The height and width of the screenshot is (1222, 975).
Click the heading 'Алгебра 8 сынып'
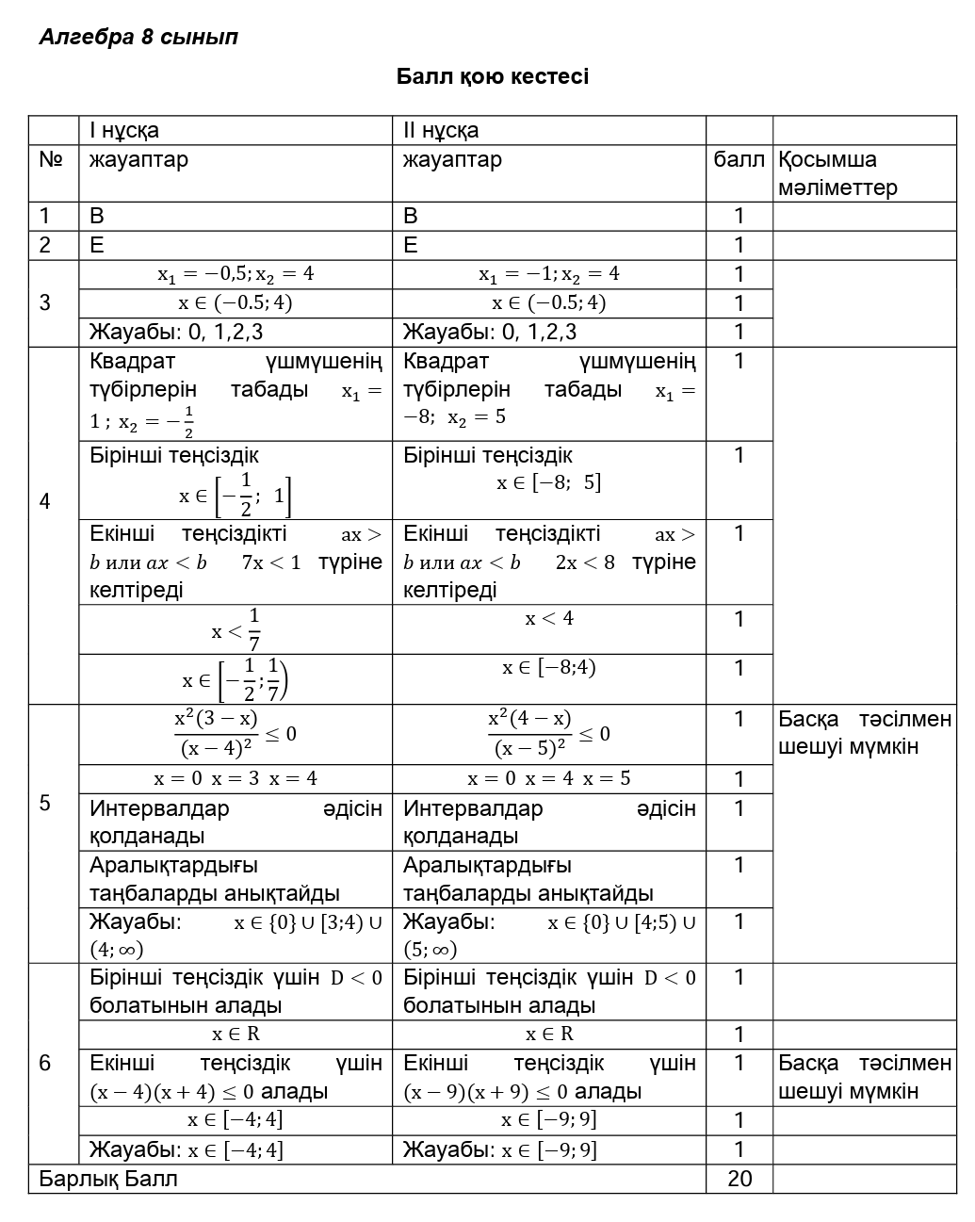point(138,38)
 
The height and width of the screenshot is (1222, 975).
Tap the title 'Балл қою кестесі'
point(492,76)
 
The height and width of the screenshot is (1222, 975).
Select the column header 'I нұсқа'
point(124,130)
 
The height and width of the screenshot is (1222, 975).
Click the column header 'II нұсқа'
point(441,130)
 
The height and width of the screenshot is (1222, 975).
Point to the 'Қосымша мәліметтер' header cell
point(837,173)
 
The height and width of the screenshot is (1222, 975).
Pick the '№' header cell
point(51,160)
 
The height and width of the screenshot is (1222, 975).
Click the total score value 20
point(739,1179)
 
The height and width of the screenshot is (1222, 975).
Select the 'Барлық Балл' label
point(107,1179)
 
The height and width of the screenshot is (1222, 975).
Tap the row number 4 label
point(45,501)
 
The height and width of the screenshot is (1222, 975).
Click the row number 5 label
point(45,803)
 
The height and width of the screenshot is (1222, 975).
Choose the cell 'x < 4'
point(549,619)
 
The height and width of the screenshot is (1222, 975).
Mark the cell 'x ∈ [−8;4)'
point(549,668)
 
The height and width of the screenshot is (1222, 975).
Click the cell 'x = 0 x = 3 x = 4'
point(236,779)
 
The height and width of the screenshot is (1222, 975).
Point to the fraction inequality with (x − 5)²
point(548,734)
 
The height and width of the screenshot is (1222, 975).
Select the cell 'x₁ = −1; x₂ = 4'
point(549,274)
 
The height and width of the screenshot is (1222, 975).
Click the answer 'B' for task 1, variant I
point(97,216)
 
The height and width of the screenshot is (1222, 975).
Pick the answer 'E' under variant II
point(411,245)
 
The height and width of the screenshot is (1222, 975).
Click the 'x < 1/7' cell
point(236,629)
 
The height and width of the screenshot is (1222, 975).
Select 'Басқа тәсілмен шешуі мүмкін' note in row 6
point(864,1077)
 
